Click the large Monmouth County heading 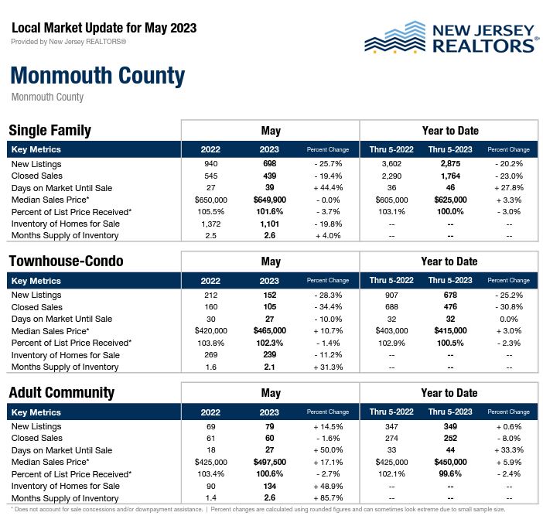coord(97,76)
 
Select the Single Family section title coord(50,130)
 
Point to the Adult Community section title coord(61,392)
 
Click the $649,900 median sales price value coord(270,200)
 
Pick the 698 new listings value coord(270,164)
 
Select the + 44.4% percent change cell coord(328,188)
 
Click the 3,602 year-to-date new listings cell coord(391,164)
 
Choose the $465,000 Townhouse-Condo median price coord(270,330)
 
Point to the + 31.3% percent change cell coord(328,367)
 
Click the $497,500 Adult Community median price coord(270,462)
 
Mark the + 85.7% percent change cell coord(328,498)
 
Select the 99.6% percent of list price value coord(449,474)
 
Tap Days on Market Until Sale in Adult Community coord(61,450)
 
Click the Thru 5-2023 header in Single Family coord(449,149)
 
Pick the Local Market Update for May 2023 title coord(104,28)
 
